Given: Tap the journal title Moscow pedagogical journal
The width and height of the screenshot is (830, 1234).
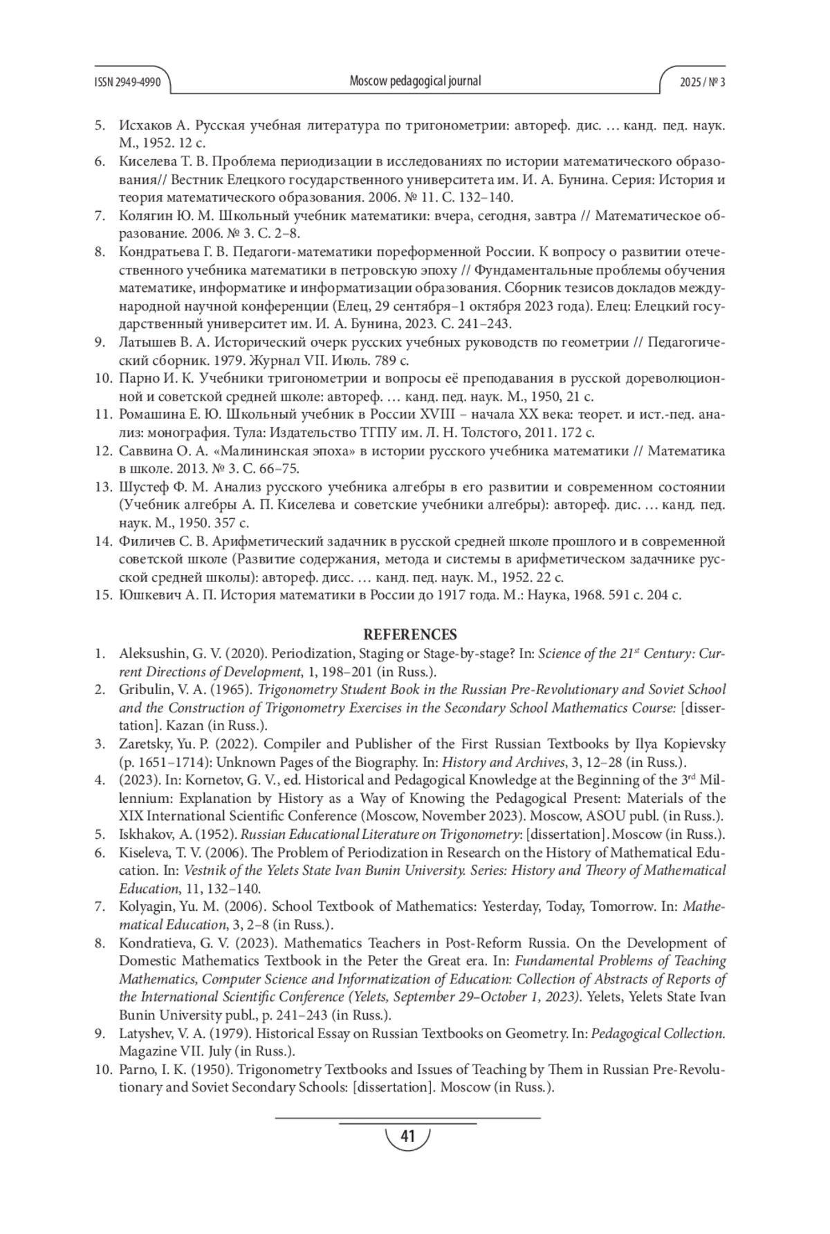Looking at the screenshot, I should tap(415, 81).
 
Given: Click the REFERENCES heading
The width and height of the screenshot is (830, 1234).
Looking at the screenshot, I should tap(410, 635).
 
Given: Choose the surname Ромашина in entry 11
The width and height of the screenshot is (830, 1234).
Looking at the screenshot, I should tap(150, 415).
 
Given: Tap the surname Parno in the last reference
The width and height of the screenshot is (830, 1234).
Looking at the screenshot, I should tap(134, 1070).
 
